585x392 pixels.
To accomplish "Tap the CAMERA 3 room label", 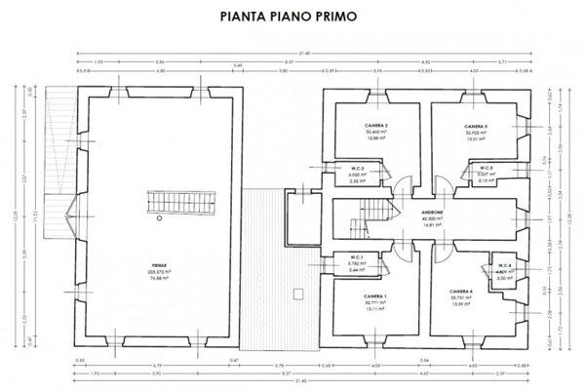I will [x=475, y=126].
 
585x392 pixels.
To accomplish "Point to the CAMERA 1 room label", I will [x=351, y=294].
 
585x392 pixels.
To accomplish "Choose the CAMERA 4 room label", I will [x=462, y=292].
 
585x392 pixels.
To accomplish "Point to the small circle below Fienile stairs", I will [x=159, y=222].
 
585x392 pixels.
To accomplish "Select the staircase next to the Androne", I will [x=372, y=211].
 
